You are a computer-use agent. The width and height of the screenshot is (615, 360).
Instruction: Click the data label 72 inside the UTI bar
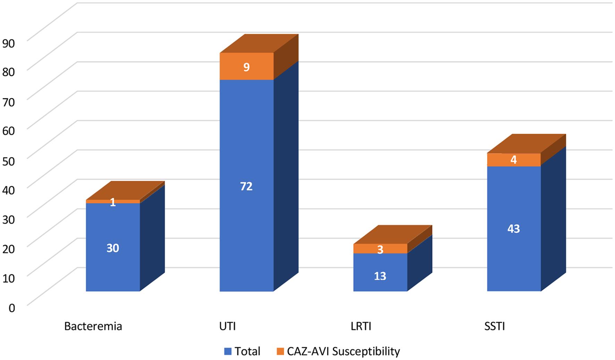pyautogui.click(x=246, y=187)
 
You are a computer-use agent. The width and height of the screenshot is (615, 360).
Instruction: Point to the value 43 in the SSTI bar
pyautogui.click(x=514, y=229)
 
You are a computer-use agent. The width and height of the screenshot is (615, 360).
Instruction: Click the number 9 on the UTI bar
pyautogui.click(x=246, y=67)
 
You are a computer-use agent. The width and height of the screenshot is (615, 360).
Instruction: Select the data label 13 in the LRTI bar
pyautogui.click(x=380, y=276)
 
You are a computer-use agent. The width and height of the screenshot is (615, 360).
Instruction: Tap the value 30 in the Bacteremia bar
pyautogui.click(x=113, y=248)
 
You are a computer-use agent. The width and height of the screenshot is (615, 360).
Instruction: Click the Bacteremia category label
pyautogui.click(x=93, y=326)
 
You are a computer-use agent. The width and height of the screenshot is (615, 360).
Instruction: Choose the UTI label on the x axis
pyautogui.click(x=227, y=326)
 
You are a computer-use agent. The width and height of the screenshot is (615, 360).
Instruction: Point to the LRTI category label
pyautogui.click(x=361, y=326)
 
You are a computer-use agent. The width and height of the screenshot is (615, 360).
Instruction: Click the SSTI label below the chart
pyautogui.click(x=495, y=326)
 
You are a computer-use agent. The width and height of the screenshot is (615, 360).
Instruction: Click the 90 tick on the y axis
pyautogui.click(x=8, y=43)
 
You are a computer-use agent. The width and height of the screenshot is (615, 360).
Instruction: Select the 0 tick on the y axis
pyautogui.click(x=12, y=308)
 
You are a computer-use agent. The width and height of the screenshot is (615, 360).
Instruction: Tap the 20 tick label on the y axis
pyautogui.click(x=8, y=249)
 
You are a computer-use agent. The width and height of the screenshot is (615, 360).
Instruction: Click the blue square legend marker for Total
pyautogui.click(x=228, y=352)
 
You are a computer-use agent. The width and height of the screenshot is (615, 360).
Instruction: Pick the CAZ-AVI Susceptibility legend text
pyautogui.click(x=343, y=351)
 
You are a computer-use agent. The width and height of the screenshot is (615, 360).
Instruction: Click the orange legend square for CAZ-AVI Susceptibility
pyautogui.click(x=280, y=352)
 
